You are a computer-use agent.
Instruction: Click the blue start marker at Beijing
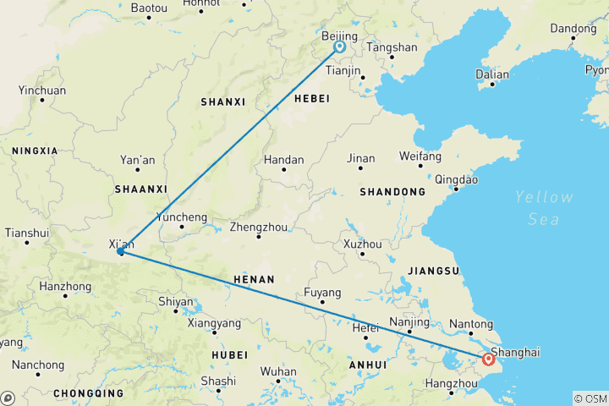tap(339, 47)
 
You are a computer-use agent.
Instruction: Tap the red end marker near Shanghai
tap(488, 359)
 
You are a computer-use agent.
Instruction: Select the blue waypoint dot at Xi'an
tap(121, 251)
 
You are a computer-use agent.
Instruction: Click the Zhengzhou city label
tap(260, 227)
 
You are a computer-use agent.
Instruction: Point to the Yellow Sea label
tap(544, 207)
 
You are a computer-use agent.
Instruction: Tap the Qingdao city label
tap(456, 179)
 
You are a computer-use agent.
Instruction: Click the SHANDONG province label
tap(392, 192)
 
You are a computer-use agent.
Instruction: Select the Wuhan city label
tap(278, 371)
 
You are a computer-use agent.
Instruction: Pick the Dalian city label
tap(492, 74)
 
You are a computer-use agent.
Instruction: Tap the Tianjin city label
tap(344, 72)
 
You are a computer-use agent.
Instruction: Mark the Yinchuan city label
tap(41, 90)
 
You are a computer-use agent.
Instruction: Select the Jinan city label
tap(360, 157)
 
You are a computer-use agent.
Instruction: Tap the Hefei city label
tap(365, 327)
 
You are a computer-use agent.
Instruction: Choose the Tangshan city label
tap(392, 47)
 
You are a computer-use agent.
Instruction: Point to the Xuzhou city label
tap(361, 244)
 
